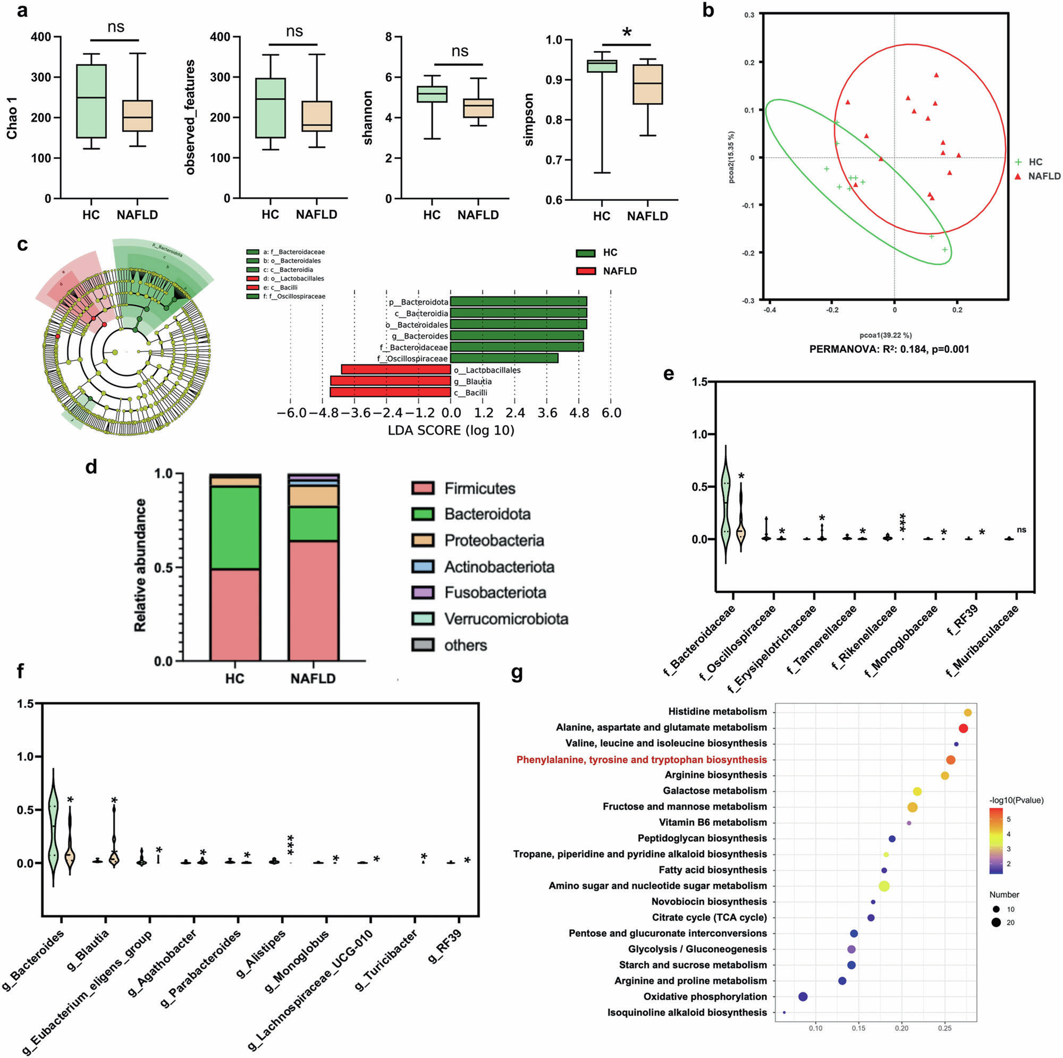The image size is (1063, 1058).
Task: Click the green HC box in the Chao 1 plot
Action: pos(91,101)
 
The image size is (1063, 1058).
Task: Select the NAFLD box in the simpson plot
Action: pos(647,84)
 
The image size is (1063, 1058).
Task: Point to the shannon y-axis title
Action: pos(368,118)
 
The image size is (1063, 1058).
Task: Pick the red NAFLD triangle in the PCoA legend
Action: pos(1018,176)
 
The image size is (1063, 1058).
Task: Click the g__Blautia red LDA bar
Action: pos(390,380)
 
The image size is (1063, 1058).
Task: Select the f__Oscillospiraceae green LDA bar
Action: pos(504,358)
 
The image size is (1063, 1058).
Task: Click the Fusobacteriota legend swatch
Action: pos(423,593)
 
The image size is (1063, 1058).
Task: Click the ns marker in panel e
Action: pos(1022,530)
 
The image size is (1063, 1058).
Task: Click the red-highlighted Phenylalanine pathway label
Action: pos(641,759)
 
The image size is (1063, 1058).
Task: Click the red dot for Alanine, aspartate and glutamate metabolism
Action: pos(963,729)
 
